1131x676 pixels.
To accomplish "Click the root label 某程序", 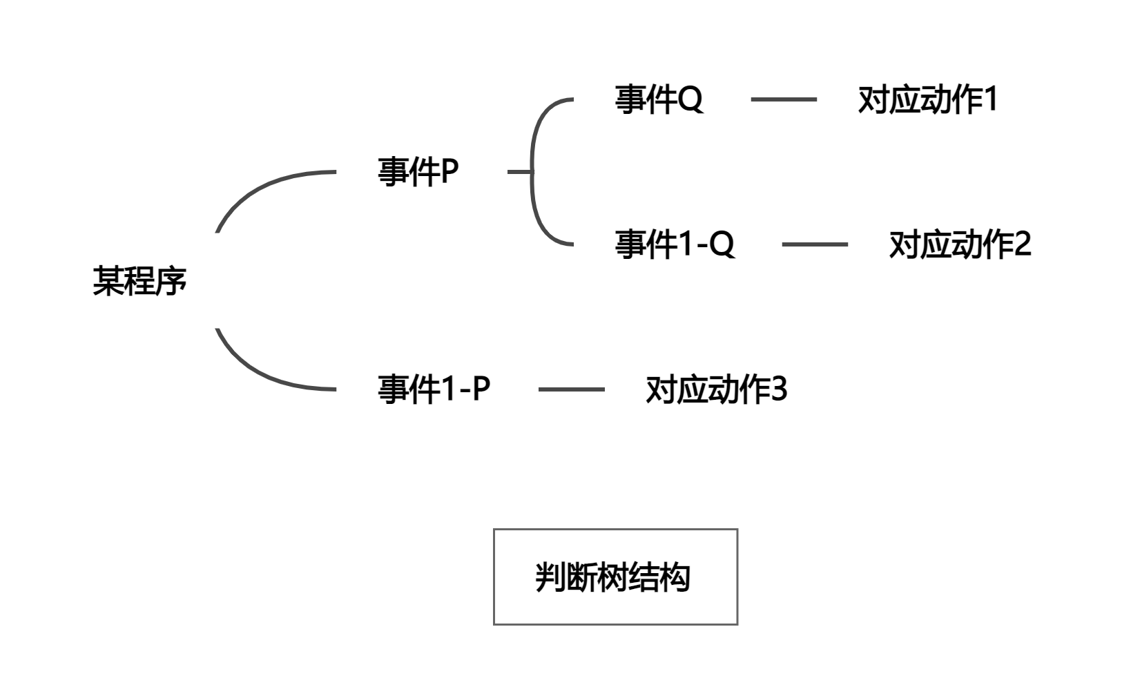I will tap(139, 282).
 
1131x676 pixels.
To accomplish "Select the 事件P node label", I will tap(418, 172).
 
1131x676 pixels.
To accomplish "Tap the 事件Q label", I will tap(659, 99).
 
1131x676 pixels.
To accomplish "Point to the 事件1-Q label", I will tap(675, 244).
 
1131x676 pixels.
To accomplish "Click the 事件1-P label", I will tap(434, 389).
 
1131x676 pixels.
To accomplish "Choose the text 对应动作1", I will tap(927, 100).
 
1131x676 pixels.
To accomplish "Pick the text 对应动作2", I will tap(960, 244).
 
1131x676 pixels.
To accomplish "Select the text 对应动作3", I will tap(716, 389).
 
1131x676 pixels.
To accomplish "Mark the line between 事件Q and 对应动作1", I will tap(784, 100).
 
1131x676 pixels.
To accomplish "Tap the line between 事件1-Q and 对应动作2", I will tap(815, 244).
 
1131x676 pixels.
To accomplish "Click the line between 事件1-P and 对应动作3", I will tap(571, 389).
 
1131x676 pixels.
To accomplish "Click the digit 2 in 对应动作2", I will tap(1023, 244).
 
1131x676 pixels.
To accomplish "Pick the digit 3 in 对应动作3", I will tap(778, 389).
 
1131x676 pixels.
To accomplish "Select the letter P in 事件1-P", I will tap(481, 389).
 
